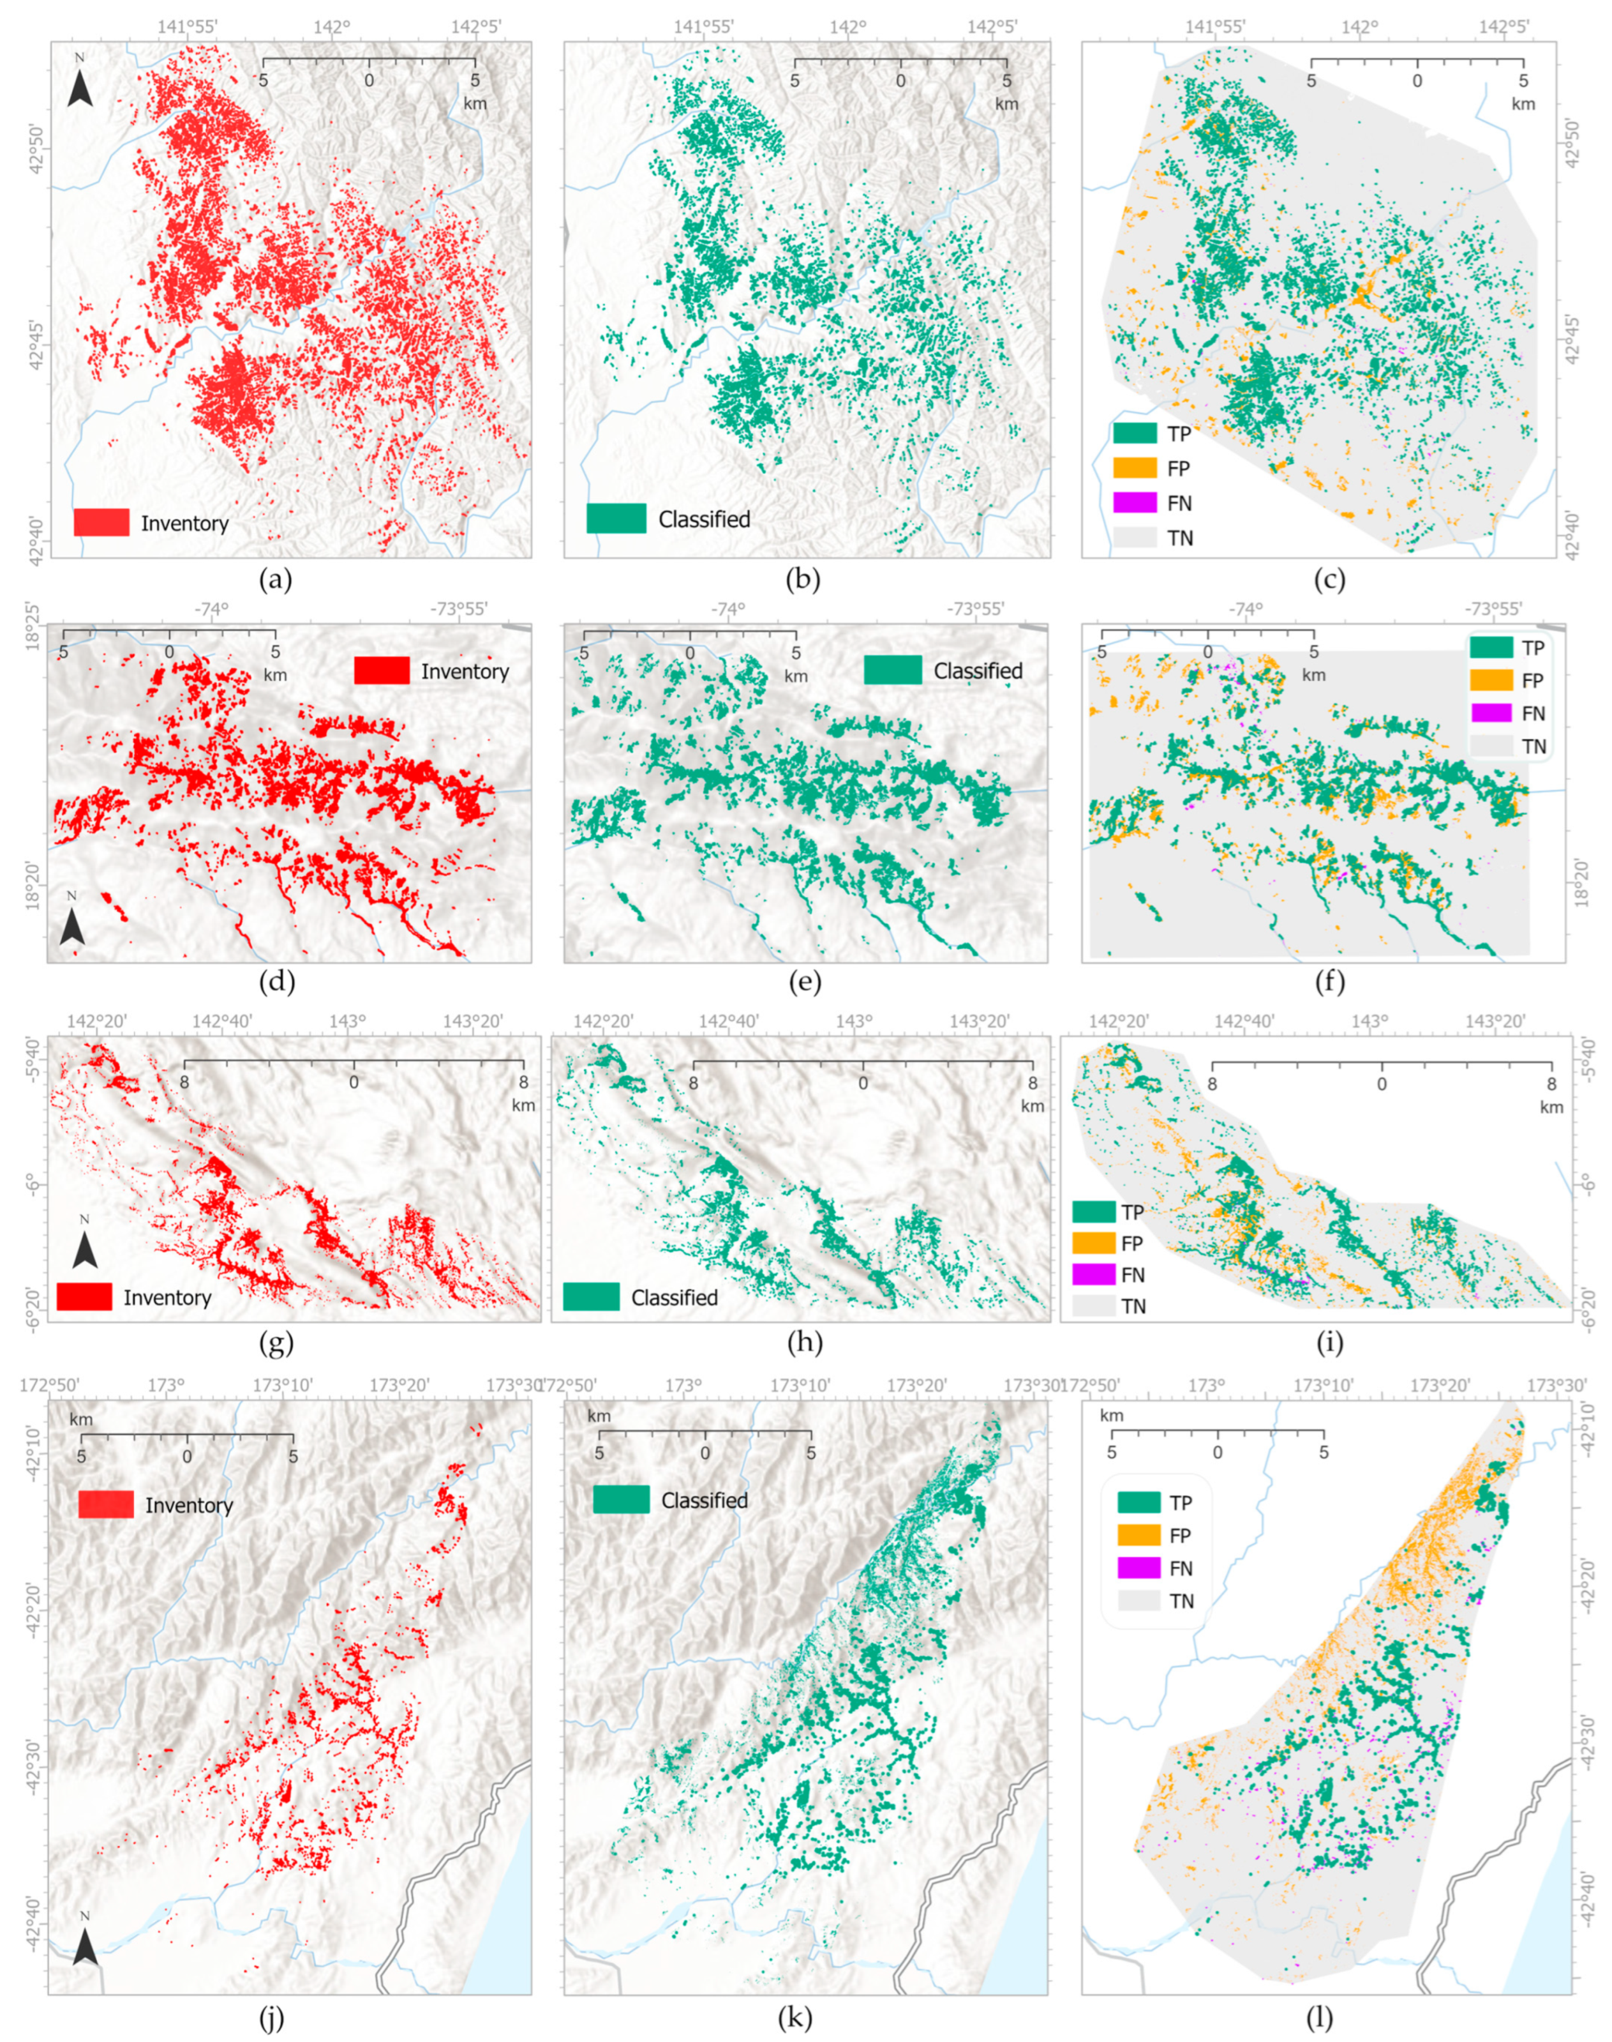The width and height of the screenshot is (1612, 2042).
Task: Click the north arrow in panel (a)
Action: [x=81, y=83]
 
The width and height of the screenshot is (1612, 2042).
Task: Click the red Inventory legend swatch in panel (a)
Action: [x=101, y=522]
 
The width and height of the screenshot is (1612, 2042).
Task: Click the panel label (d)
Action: [x=276, y=982]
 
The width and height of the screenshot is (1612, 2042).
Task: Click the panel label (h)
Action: [x=802, y=1342]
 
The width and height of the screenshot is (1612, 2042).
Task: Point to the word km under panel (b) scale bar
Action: [x=1006, y=104]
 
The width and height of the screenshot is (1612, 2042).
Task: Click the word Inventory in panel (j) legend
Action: [x=189, y=1506]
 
